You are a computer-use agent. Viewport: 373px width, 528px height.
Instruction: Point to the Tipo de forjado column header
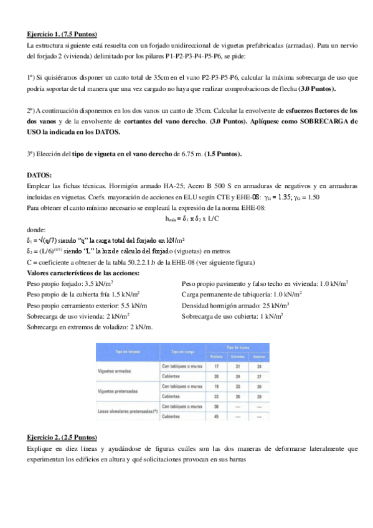click(x=127, y=352)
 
